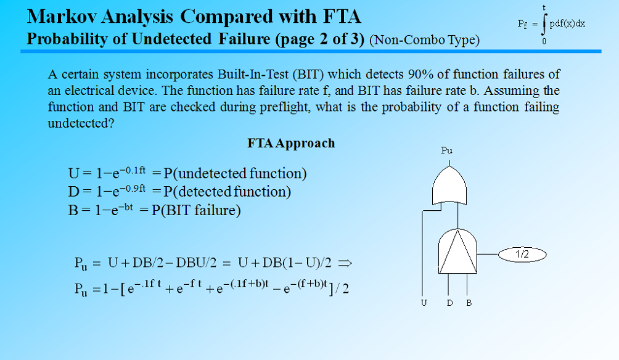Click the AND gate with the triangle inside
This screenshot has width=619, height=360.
457,251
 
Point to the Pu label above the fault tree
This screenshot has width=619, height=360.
447,150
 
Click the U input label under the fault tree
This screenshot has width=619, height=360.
424,303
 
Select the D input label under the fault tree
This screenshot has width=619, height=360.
450,303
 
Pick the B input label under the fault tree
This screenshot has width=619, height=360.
469,303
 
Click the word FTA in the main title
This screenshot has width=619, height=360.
338,15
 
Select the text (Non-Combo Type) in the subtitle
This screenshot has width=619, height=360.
424,41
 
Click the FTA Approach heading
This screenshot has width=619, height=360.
291,144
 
